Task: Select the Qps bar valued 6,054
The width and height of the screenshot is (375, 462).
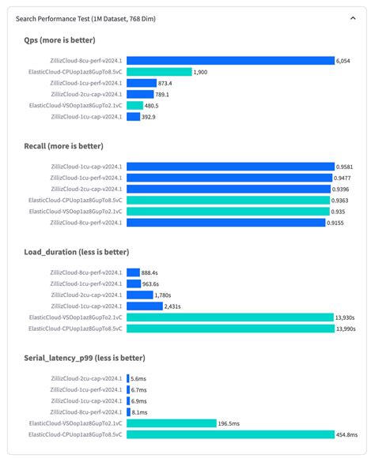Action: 230,60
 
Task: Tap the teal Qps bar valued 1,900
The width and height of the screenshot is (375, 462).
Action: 159,72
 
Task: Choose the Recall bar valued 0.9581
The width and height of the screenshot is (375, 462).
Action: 230,167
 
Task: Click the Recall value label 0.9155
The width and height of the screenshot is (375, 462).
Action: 339,223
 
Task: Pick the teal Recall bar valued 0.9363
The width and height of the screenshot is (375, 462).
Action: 229,201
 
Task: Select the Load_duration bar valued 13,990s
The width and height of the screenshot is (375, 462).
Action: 230,328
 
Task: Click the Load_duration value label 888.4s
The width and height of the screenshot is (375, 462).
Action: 153,272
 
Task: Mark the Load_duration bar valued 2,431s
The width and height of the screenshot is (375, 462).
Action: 144,306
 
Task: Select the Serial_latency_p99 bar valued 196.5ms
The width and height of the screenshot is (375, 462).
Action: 172,423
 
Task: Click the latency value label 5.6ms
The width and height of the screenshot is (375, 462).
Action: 138,379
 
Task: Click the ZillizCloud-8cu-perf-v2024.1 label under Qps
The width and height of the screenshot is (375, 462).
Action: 85,60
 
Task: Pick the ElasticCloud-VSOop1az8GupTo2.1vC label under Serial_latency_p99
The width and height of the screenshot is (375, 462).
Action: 75,423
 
